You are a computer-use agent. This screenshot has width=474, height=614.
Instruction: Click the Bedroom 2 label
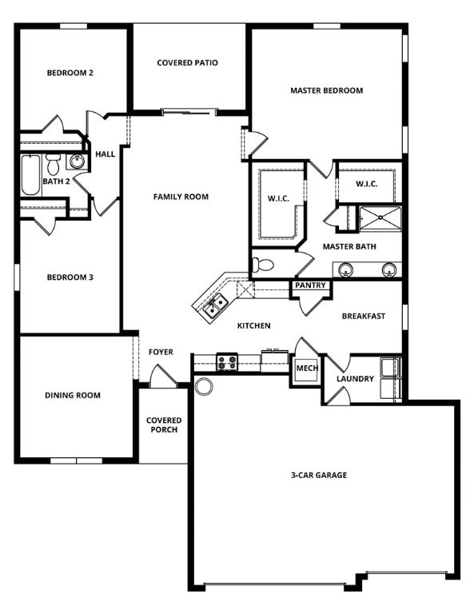tap(70, 73)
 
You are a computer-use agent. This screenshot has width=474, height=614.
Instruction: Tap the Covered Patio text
tap(187, 62)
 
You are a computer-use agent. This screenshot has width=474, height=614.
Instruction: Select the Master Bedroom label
tap(326, 90)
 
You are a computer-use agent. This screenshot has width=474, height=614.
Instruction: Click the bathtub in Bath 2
tap(30, 175)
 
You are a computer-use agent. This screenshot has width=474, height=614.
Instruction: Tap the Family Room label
tap(181, 197)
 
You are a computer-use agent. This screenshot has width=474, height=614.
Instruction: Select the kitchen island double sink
tap(214, 305)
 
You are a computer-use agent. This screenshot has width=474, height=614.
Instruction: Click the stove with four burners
tap(227, 362)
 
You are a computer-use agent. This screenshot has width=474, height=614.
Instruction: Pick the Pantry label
tap(310, 285)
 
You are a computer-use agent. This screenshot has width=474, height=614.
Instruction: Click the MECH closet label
tap(307, 369)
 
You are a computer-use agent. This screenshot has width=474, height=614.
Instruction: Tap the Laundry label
tap(355, 378)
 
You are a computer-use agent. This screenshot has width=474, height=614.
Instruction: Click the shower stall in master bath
tap(380, 217)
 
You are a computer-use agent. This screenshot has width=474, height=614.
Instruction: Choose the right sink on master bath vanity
tap(388, 269)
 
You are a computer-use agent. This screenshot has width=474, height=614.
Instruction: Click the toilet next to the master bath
tap(264, 265)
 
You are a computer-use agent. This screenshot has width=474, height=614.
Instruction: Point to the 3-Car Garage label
tap(318, 475)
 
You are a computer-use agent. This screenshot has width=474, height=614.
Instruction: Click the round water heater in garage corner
tap(204, 387)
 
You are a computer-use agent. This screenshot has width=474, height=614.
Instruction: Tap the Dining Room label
tap(73, 395)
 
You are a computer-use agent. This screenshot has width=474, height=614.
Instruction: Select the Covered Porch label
tap(163, 425)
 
